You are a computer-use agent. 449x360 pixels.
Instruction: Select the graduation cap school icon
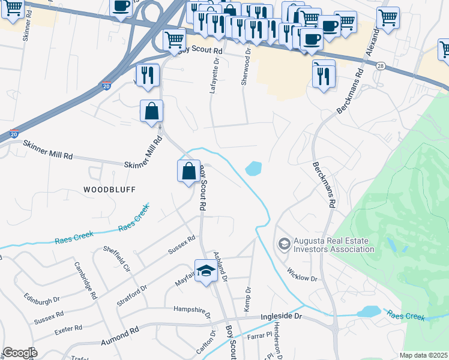click(206, 270)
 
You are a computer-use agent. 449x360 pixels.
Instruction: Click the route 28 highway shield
click(381, 65)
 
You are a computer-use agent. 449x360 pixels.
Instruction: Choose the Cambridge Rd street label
click(85, 280)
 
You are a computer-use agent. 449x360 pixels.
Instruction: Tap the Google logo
click(20, 353)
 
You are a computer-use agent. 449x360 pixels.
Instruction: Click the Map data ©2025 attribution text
click(423, 355)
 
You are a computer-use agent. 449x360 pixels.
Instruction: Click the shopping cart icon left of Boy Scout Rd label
click(173, 41)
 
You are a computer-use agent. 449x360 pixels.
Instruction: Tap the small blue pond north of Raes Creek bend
click(253, 169)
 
